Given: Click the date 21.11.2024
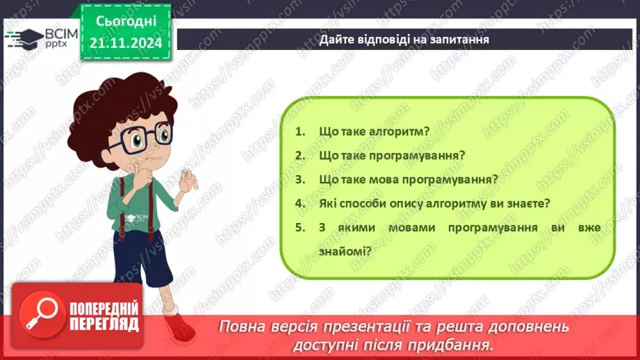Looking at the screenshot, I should click(125, 42).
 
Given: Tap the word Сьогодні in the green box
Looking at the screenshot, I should click(125, 22).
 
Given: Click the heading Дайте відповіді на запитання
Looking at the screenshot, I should click(404, 39).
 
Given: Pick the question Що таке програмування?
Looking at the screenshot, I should click(392, 155).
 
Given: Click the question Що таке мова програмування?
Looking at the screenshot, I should click(409, 179).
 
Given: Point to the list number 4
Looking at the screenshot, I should click(300, 204).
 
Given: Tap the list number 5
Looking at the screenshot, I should click(300, 227).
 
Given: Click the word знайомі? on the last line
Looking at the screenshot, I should click(340, 252).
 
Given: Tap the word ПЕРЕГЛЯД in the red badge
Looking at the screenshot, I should click(104, 325).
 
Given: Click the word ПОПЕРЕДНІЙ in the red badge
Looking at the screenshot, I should click(104, 308).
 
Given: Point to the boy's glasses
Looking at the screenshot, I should click(142, 135).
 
